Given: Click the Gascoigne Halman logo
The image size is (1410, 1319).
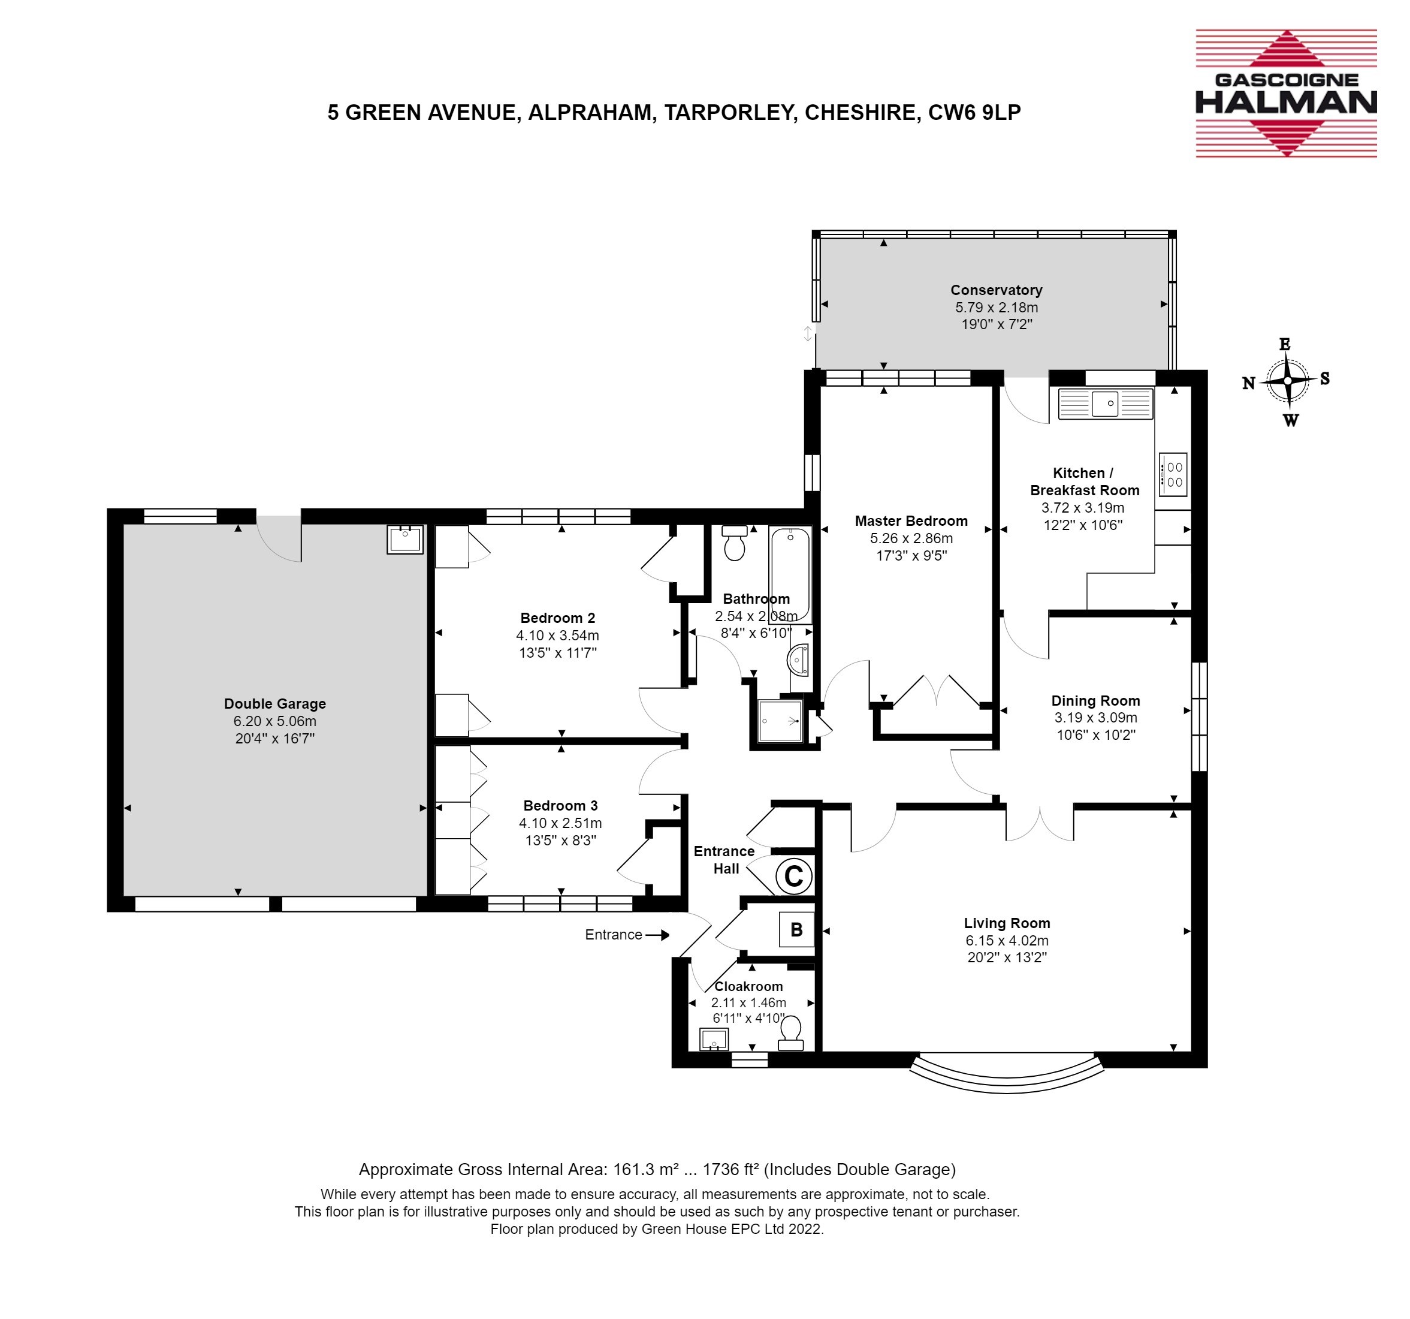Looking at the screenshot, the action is (1286, 93).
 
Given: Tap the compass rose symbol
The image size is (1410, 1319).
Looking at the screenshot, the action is (1287, 382).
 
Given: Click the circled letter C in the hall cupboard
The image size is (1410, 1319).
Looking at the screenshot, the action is (793, 877).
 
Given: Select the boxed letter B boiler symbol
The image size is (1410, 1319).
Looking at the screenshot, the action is (796, 929).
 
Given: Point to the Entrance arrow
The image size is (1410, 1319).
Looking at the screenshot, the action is (657, 935).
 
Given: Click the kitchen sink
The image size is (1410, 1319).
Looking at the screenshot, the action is (1105, 403).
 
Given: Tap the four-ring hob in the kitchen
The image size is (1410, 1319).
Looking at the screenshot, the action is (1173, 475).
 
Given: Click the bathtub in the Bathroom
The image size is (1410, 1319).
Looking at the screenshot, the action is (790, 576).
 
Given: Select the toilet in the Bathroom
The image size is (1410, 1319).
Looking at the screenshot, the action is (734, 543).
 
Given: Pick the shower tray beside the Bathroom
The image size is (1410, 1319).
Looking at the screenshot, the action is (780, 721).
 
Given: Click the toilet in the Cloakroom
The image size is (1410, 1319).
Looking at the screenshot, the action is (791, 1034).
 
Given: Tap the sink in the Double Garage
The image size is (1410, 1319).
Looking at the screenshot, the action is (405, 539).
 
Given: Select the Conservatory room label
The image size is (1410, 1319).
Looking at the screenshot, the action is (996, 290).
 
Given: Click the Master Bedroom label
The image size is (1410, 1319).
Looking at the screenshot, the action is (911, 521).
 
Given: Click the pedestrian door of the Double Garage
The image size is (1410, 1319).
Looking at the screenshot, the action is (279, 538).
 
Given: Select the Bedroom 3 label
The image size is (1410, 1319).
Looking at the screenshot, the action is (560, 805).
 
